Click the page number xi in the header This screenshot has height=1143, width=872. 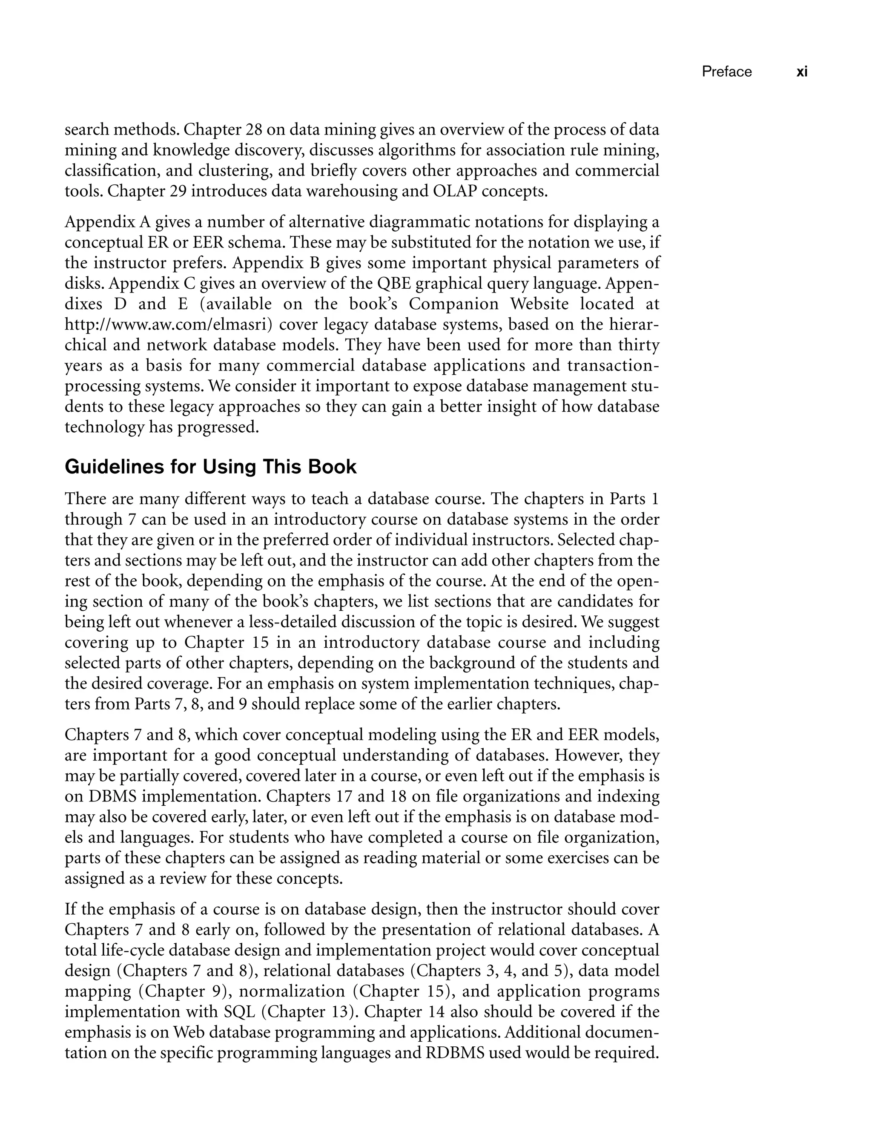801,72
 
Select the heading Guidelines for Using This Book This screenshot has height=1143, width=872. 210,467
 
